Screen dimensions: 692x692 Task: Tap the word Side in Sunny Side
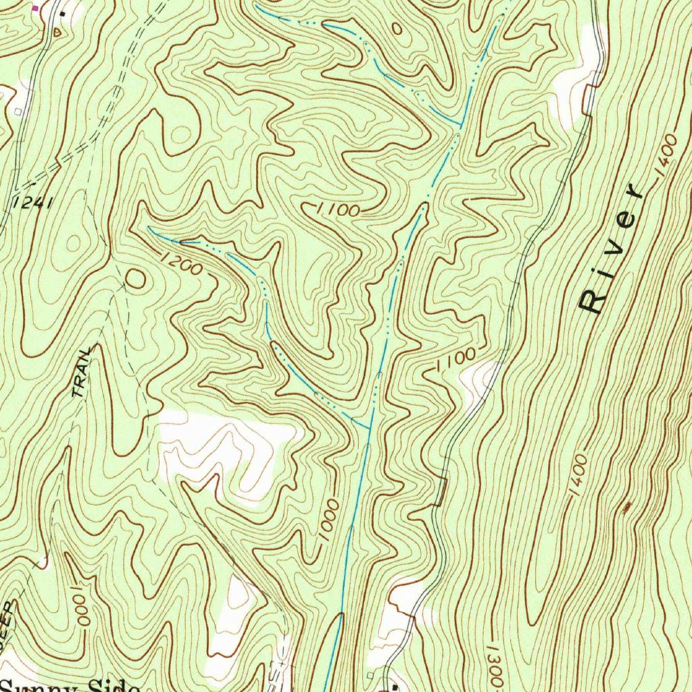(115, 686)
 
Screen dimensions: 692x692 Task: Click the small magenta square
(36, 8)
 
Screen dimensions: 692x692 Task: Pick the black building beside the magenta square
(62, 14)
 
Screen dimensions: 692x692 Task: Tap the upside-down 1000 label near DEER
(78, 605)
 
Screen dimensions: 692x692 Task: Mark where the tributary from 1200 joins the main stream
(368, 428)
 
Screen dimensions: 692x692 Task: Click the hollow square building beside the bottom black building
(370, 675)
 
